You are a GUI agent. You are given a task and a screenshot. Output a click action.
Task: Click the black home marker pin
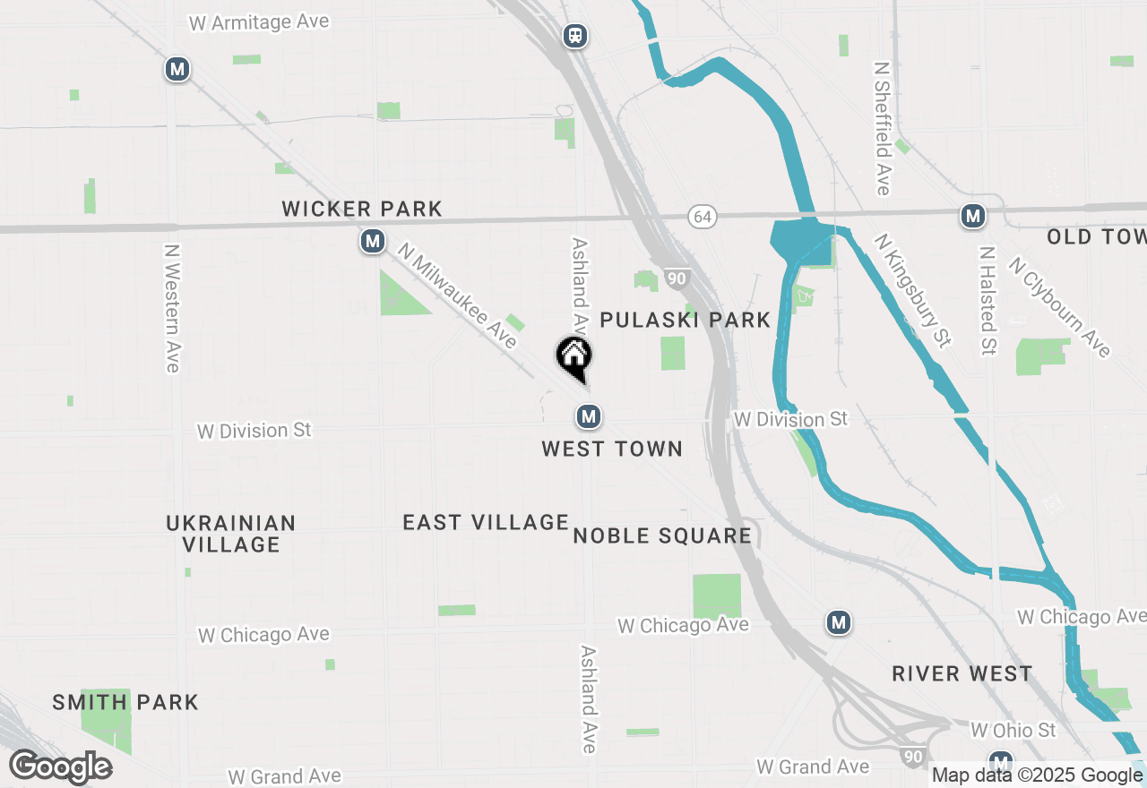[x=573, y=357]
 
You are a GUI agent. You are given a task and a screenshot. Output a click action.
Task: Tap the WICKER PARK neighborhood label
[x=362, y=210]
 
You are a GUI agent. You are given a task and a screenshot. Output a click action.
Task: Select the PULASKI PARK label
[x=686, y=320]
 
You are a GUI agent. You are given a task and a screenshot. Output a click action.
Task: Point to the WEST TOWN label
[x=612, y=449]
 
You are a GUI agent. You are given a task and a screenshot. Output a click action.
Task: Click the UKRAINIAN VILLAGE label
[x=231, y=534]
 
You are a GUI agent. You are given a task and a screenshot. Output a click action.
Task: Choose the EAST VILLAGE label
[x=486, y=522]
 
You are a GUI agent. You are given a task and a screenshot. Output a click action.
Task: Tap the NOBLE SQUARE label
[x=662, y=535]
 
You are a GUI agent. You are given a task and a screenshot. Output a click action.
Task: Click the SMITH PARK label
[x=125, y=702]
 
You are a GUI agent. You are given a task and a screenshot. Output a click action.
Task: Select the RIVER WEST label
[x=962, y=673]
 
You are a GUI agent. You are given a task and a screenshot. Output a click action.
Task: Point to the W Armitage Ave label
[x=259, y=21]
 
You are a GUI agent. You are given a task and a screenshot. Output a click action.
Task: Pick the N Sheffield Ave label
[x=883, y=128]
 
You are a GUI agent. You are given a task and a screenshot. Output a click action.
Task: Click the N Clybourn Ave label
[x=1059, y=307]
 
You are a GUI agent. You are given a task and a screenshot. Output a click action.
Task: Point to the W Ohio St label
[x=1013, y=730]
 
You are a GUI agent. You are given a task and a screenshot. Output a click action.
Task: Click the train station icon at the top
[x=575, y=36]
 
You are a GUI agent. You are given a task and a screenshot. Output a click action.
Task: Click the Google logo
[x=61, y=767]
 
